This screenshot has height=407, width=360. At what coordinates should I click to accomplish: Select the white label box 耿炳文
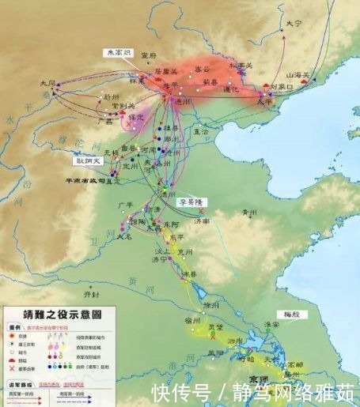pos(89,160)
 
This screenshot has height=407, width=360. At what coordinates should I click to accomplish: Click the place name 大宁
pos(294,24)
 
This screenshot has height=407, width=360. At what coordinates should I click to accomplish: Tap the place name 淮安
pos(272,322)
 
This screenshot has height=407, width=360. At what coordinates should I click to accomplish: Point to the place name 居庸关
pos(167,70)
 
